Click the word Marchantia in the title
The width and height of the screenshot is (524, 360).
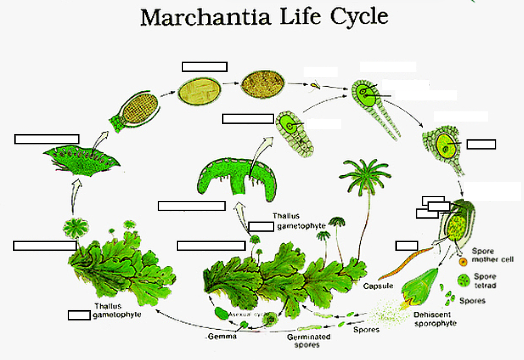pyautogui.click(x=205, y=17)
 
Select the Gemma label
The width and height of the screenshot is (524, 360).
pyautogui.click(x=223, y=337)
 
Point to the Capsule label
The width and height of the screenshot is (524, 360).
pyautogui.click(x=378, y=286)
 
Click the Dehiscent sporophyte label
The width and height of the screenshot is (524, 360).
pyautogui.click(x=435, y=319)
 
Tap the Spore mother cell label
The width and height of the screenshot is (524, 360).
pyautogui.click(x=492, y=255)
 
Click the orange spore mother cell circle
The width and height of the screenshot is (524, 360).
pyautogui.click(x=463, y=262)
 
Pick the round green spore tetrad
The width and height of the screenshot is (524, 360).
pyautogui.click(x=464, y=280)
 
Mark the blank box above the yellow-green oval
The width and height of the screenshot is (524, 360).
pyautogui.click(x=205, y=67)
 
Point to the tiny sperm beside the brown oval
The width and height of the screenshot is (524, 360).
pyautogui.click(x=315, y=85)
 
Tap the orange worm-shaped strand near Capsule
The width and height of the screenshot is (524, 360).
pyautogui.click(x=405, y=264)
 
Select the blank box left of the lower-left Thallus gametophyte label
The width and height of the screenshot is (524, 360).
pyautogui.click(x=79, y=315)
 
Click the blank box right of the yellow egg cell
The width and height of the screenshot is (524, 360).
pyautogui.click(x=481, y=144)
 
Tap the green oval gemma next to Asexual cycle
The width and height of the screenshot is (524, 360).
pyautogui.click(x=221, y=313)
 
